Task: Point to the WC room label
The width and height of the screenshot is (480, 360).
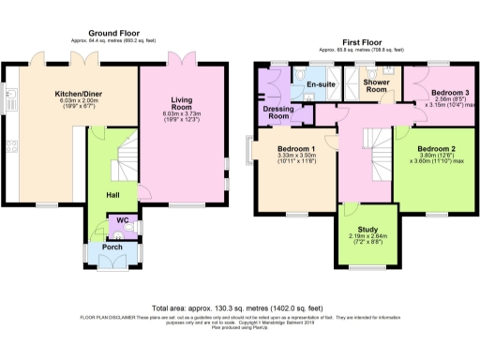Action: [121, 222]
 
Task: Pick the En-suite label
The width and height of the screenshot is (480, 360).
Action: [321, 85]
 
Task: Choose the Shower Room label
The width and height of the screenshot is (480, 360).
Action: [377, 87]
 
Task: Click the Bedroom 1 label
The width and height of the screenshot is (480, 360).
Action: [295, 150]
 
